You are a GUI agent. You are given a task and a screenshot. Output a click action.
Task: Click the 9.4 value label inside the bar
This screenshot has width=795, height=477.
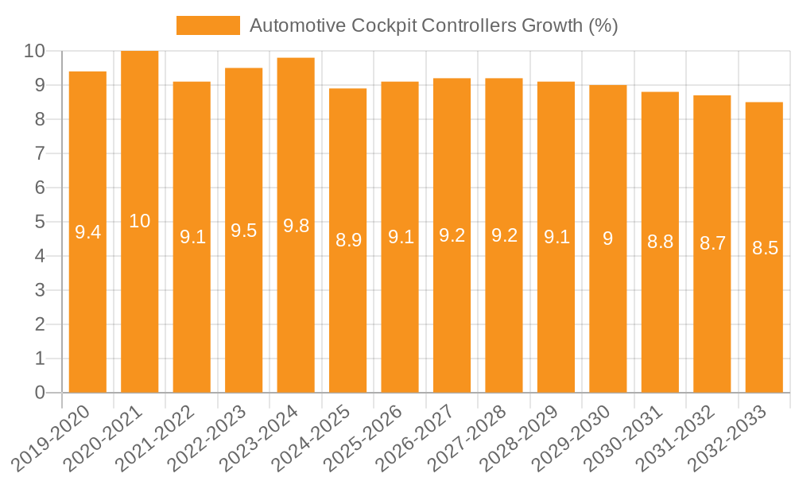(87, 232)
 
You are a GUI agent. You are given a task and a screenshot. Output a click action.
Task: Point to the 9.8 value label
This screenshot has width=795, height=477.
(296, 226)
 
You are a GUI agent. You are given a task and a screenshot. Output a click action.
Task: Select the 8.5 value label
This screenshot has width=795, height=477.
(765, 248)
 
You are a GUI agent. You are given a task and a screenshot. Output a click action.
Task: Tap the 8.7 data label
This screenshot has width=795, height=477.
(712, 244)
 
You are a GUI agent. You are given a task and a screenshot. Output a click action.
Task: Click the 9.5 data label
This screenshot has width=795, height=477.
(243, 231)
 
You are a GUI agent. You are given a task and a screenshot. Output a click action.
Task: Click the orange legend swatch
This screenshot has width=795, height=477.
(207, 25)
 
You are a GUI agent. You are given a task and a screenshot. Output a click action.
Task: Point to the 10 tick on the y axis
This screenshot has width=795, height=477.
(34, 51)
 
